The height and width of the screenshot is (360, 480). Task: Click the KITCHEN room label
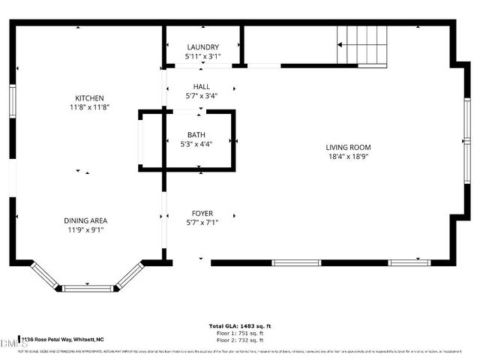coord(89,98)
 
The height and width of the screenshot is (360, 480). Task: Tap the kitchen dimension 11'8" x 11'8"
coord(89,108)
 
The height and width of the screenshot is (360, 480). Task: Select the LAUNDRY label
coord(202,46)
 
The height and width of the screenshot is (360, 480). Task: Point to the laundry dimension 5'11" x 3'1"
coord(202,56)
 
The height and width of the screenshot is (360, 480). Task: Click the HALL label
coord(202,86)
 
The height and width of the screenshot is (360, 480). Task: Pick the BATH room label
coord(196,135)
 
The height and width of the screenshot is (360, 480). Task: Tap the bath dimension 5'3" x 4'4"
coord(196,145)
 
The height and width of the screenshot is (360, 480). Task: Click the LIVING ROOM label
coord(348,147)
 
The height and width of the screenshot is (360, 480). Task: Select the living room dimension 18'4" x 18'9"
coord(348,157)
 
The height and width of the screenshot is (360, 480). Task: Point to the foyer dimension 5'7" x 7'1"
coord(201,222)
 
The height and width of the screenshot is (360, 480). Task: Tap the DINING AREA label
coord(85,220)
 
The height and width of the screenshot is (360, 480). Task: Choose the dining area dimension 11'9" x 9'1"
coord(85,230)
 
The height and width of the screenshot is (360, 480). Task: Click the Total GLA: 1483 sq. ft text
coord(240,326)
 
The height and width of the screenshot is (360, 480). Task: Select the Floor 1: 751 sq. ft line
coord(240,333)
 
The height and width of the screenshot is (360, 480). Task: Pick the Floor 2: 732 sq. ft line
coord(240,340)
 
